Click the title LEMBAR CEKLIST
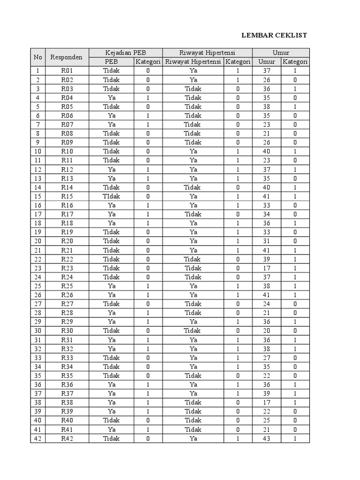pyautogui.click(x=274, y=35)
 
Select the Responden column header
pyautogui.click(x=66, y=57)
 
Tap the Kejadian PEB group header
pyautogui.click(x=126, y=52)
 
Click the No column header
pyautogui.click(x=37, y=57)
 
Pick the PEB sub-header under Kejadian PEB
pyautogui.click(x=111, y=62)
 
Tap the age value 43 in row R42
pyautogui.click(x=267, y=438)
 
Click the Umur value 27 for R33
pyautogui.click(x=267, y=358)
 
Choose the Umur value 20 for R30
pyautogui.click(x=267, y=331)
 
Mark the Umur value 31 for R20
pyautogui.click(x=267, y=241)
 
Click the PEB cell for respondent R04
pyautogui.click(x=111, y=97)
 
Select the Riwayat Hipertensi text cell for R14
pyautogui.click(x=193, y=187)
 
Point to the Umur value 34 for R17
pyautogui.click(x=267, y=214)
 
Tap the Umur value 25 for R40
pyautogui.click(x=267, y=420)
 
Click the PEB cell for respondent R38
pyautogui.click(x=111, y=403)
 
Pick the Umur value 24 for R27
pyautogui.click(x=267, y=304)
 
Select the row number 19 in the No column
pyautogui.click(x=37, y=232)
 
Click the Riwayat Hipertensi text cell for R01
pyautogui.click(x=193, y=71)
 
